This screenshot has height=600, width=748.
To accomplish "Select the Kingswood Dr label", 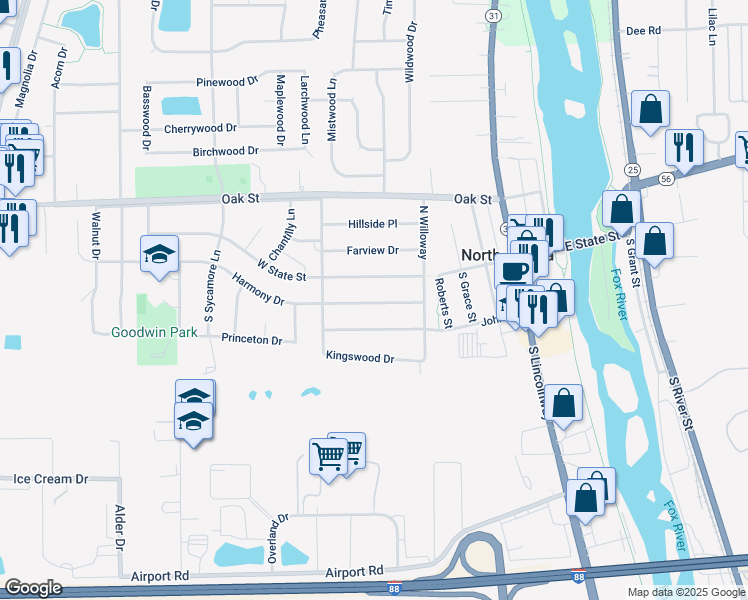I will pos(360,357).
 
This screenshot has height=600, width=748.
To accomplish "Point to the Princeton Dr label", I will pos(252,340).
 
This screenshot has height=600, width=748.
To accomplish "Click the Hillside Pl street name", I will pos(372,224).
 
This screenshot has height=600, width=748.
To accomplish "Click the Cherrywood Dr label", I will pos(200,128).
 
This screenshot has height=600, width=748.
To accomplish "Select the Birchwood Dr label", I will pos(225,152).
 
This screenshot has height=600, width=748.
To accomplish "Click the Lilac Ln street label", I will pos(713,26).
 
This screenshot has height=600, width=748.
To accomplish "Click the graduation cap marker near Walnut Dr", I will pos(159,254).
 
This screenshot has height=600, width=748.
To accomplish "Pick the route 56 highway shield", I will pos(666,178).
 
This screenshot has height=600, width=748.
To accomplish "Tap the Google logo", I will pos(33,588).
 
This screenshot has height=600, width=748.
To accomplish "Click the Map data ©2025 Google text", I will pos(686,592).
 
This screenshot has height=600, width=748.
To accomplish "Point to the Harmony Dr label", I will pos(258,291).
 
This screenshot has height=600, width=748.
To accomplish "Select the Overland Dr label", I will pos(274,540).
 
